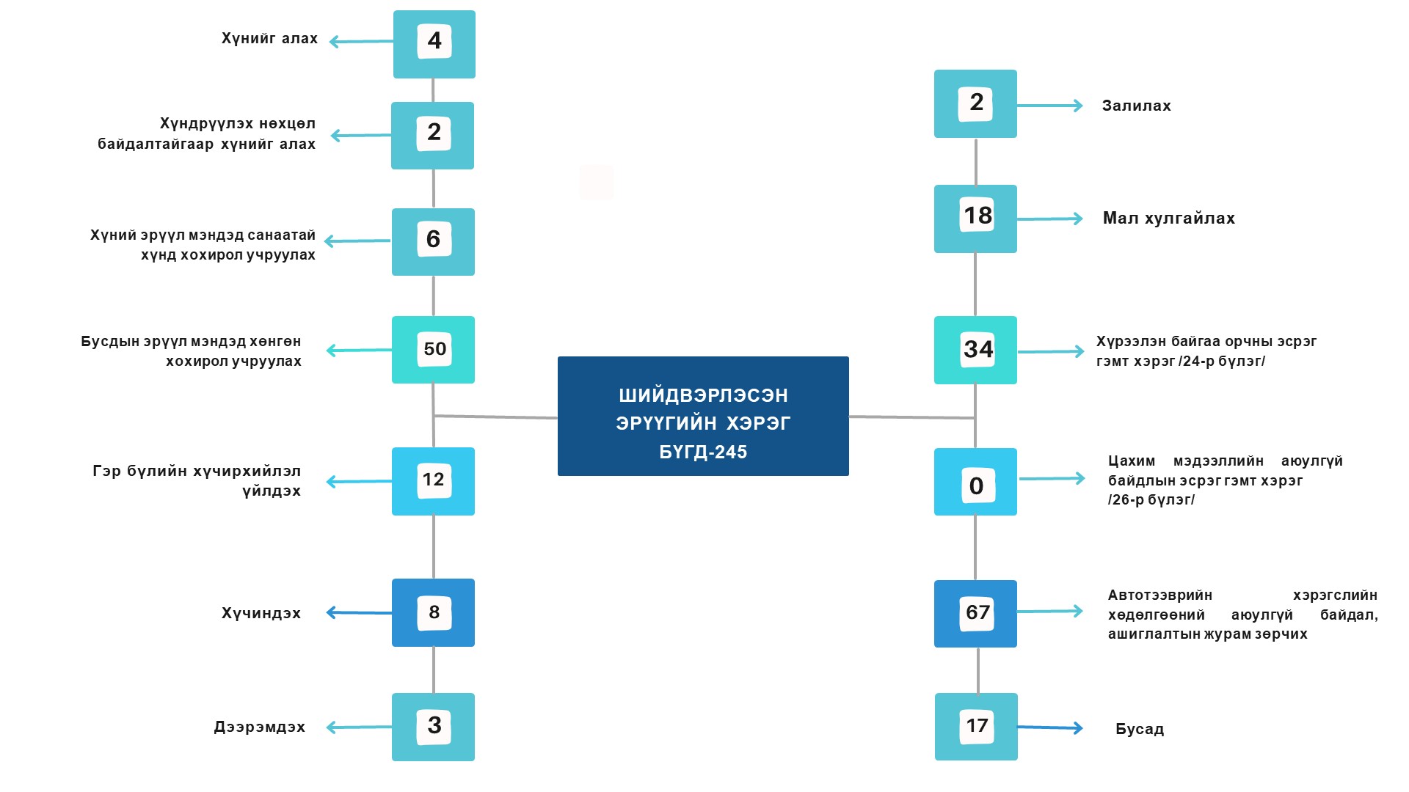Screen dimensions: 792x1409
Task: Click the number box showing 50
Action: (x=434, y=349)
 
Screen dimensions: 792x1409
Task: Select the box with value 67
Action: (x=976, y=613)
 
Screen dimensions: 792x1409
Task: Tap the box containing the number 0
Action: (x=976, y=483)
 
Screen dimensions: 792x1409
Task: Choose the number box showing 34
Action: (x=976, y=350)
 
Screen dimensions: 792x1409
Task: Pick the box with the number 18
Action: (x=976, y=218)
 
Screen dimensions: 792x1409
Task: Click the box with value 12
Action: (x=434, y=481)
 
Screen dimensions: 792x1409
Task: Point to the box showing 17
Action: (x=976, y=727)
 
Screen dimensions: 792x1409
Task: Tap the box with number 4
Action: (x=434, y=43)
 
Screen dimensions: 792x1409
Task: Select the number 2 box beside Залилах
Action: (x=976, y=103)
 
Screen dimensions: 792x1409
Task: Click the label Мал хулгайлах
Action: (x=1168, y=218)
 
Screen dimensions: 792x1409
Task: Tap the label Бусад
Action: (x=1140, y=729)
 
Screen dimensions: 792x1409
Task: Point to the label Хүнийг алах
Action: (x=269, y=38)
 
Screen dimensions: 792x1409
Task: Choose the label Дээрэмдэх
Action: (x=259, y=727)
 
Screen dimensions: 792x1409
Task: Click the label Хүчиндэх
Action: (x=261, y=613)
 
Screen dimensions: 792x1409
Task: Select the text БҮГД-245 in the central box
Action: (x=703, y=452)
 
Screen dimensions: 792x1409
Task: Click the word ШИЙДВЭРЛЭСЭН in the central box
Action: (x=703, y=395)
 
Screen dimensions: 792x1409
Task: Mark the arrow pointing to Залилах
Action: (x=1049, y=106)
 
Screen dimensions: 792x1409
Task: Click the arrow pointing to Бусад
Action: (x=1049, y=727)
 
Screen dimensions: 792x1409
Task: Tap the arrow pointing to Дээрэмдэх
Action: (x=360, y=727)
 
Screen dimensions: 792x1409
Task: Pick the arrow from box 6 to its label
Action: (x=358, y=241)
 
